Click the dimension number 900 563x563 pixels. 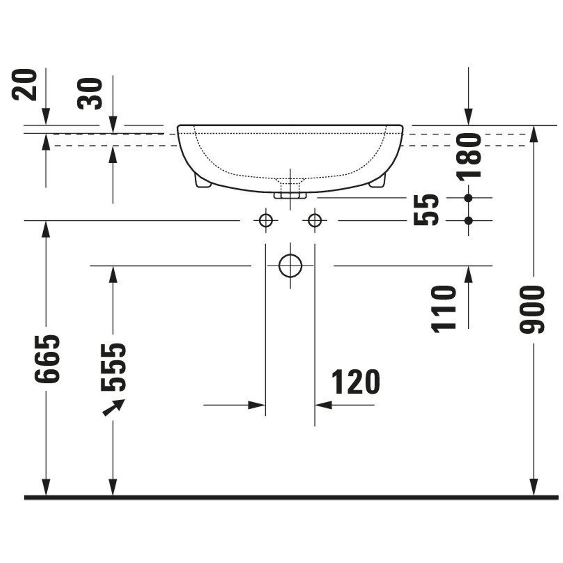532,309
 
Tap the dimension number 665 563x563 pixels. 47,359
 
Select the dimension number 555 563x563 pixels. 113,367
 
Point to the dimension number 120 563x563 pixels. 356,382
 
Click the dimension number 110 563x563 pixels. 443,309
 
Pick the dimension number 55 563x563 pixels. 426,209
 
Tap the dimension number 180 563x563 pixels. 469,157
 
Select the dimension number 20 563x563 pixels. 24,85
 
